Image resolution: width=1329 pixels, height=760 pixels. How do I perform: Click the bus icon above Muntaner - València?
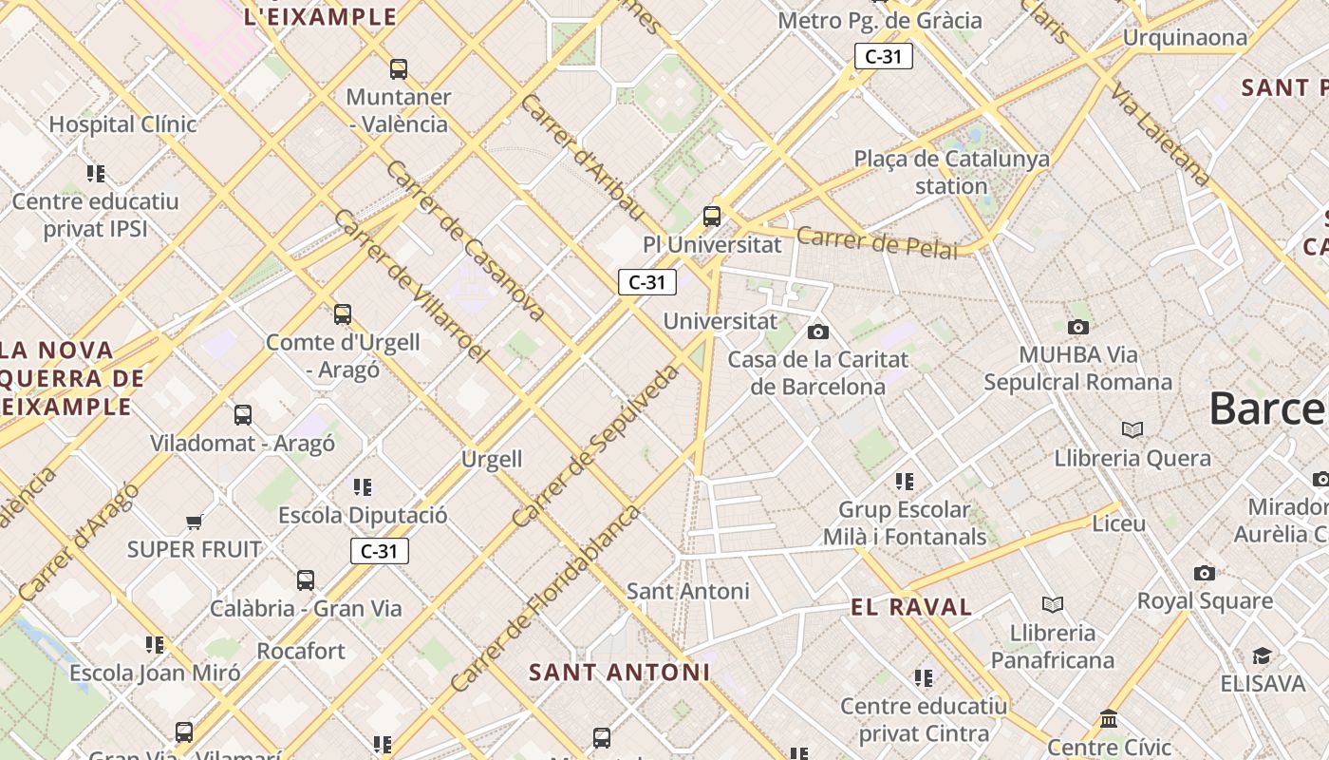click(x=399, y=69)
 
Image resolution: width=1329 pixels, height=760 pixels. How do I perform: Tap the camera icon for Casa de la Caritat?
click(x=817, y=332)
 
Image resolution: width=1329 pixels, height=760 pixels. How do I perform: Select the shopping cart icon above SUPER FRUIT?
click(x=195, y=522)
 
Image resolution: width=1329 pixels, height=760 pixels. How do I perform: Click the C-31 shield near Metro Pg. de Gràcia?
click(x=883, y=56)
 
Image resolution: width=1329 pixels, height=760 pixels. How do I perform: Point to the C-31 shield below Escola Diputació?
click(x=380, y=551)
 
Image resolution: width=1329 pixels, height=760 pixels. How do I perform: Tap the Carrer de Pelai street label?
click(x=877, y=242)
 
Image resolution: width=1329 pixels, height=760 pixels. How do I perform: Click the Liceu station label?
click(x=1118, y=523)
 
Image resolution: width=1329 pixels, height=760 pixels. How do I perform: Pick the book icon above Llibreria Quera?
click(x=1132, y=429)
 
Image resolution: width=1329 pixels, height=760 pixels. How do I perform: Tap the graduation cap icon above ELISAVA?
click(x=1262, y=656)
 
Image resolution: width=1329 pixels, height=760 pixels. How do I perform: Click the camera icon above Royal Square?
click(x=1205, y=573)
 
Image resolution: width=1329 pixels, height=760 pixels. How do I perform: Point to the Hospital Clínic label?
click(x=122, y=124)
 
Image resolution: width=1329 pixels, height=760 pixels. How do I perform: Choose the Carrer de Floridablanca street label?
click(x=546, y=598)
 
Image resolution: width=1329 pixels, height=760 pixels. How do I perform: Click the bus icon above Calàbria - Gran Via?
click(x=305, y=580)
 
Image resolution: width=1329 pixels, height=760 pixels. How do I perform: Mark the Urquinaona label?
click(x=1185, y=38)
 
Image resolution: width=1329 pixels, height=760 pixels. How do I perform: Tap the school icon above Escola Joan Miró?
click(x=155, y=645)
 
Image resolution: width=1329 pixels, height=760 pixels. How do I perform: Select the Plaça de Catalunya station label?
click(x=951, y=172)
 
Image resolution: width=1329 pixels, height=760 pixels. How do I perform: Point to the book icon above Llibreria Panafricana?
click(x=1052, y=604)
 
